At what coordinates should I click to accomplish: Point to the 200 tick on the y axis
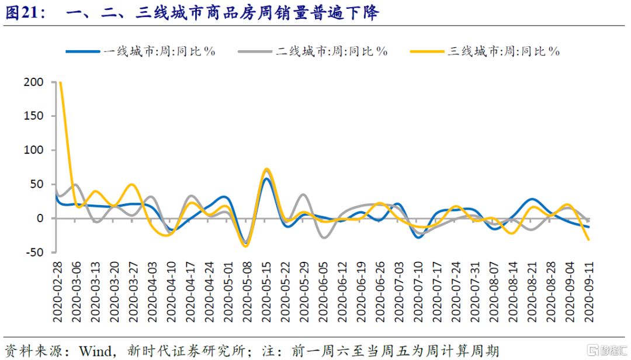click(x=34, y=82)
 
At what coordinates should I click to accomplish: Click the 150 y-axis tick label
click(x=34, y=116)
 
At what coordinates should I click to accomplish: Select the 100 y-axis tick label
click(x=34, y=150)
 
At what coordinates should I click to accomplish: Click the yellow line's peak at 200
click(x=61, y=82)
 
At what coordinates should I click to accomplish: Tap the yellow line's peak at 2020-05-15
click(x=266, y=169)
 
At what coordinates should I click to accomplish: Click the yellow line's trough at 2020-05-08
click(x=246, y=246)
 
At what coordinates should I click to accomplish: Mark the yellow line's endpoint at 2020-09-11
click(x=588, y=240)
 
